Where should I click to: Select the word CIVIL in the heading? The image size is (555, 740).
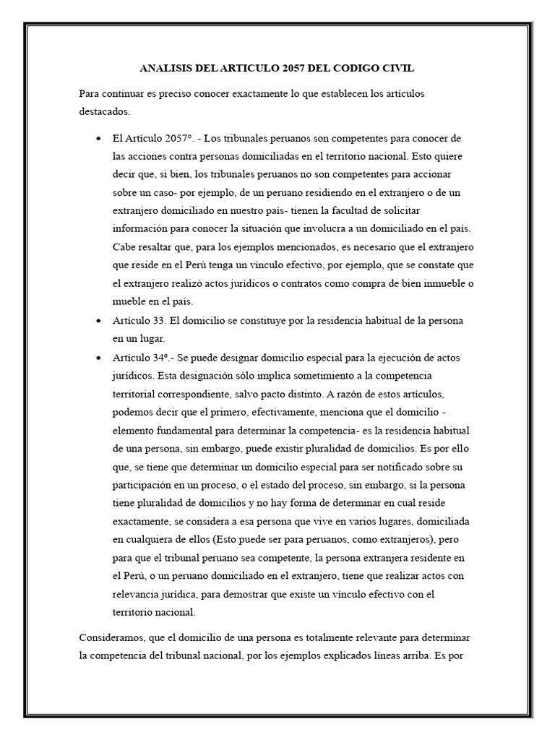coord(399,69)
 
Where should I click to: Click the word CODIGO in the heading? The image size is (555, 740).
coord(358,69)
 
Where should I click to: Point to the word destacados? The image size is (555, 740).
coord(104,112)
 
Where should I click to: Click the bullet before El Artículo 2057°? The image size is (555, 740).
coord(98,137)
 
